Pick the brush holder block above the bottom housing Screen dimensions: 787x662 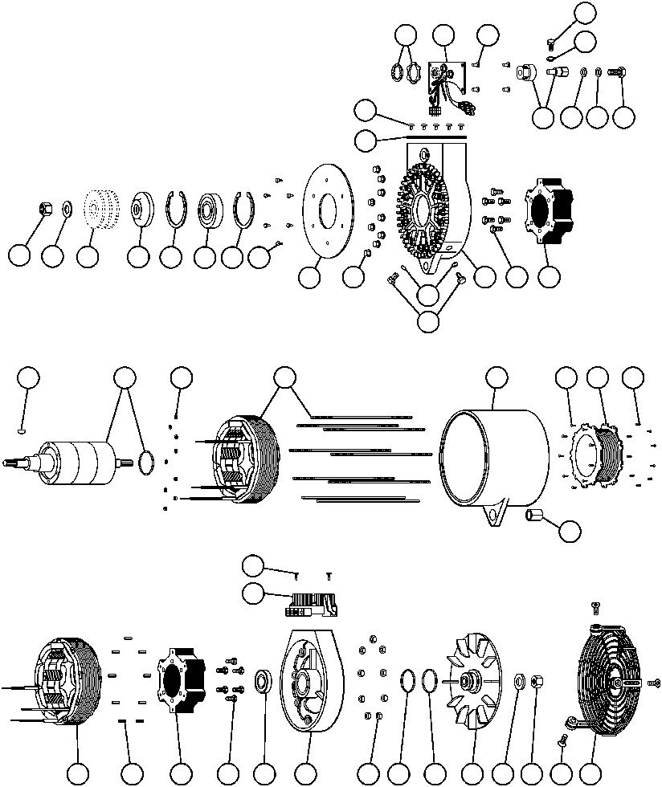310,604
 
